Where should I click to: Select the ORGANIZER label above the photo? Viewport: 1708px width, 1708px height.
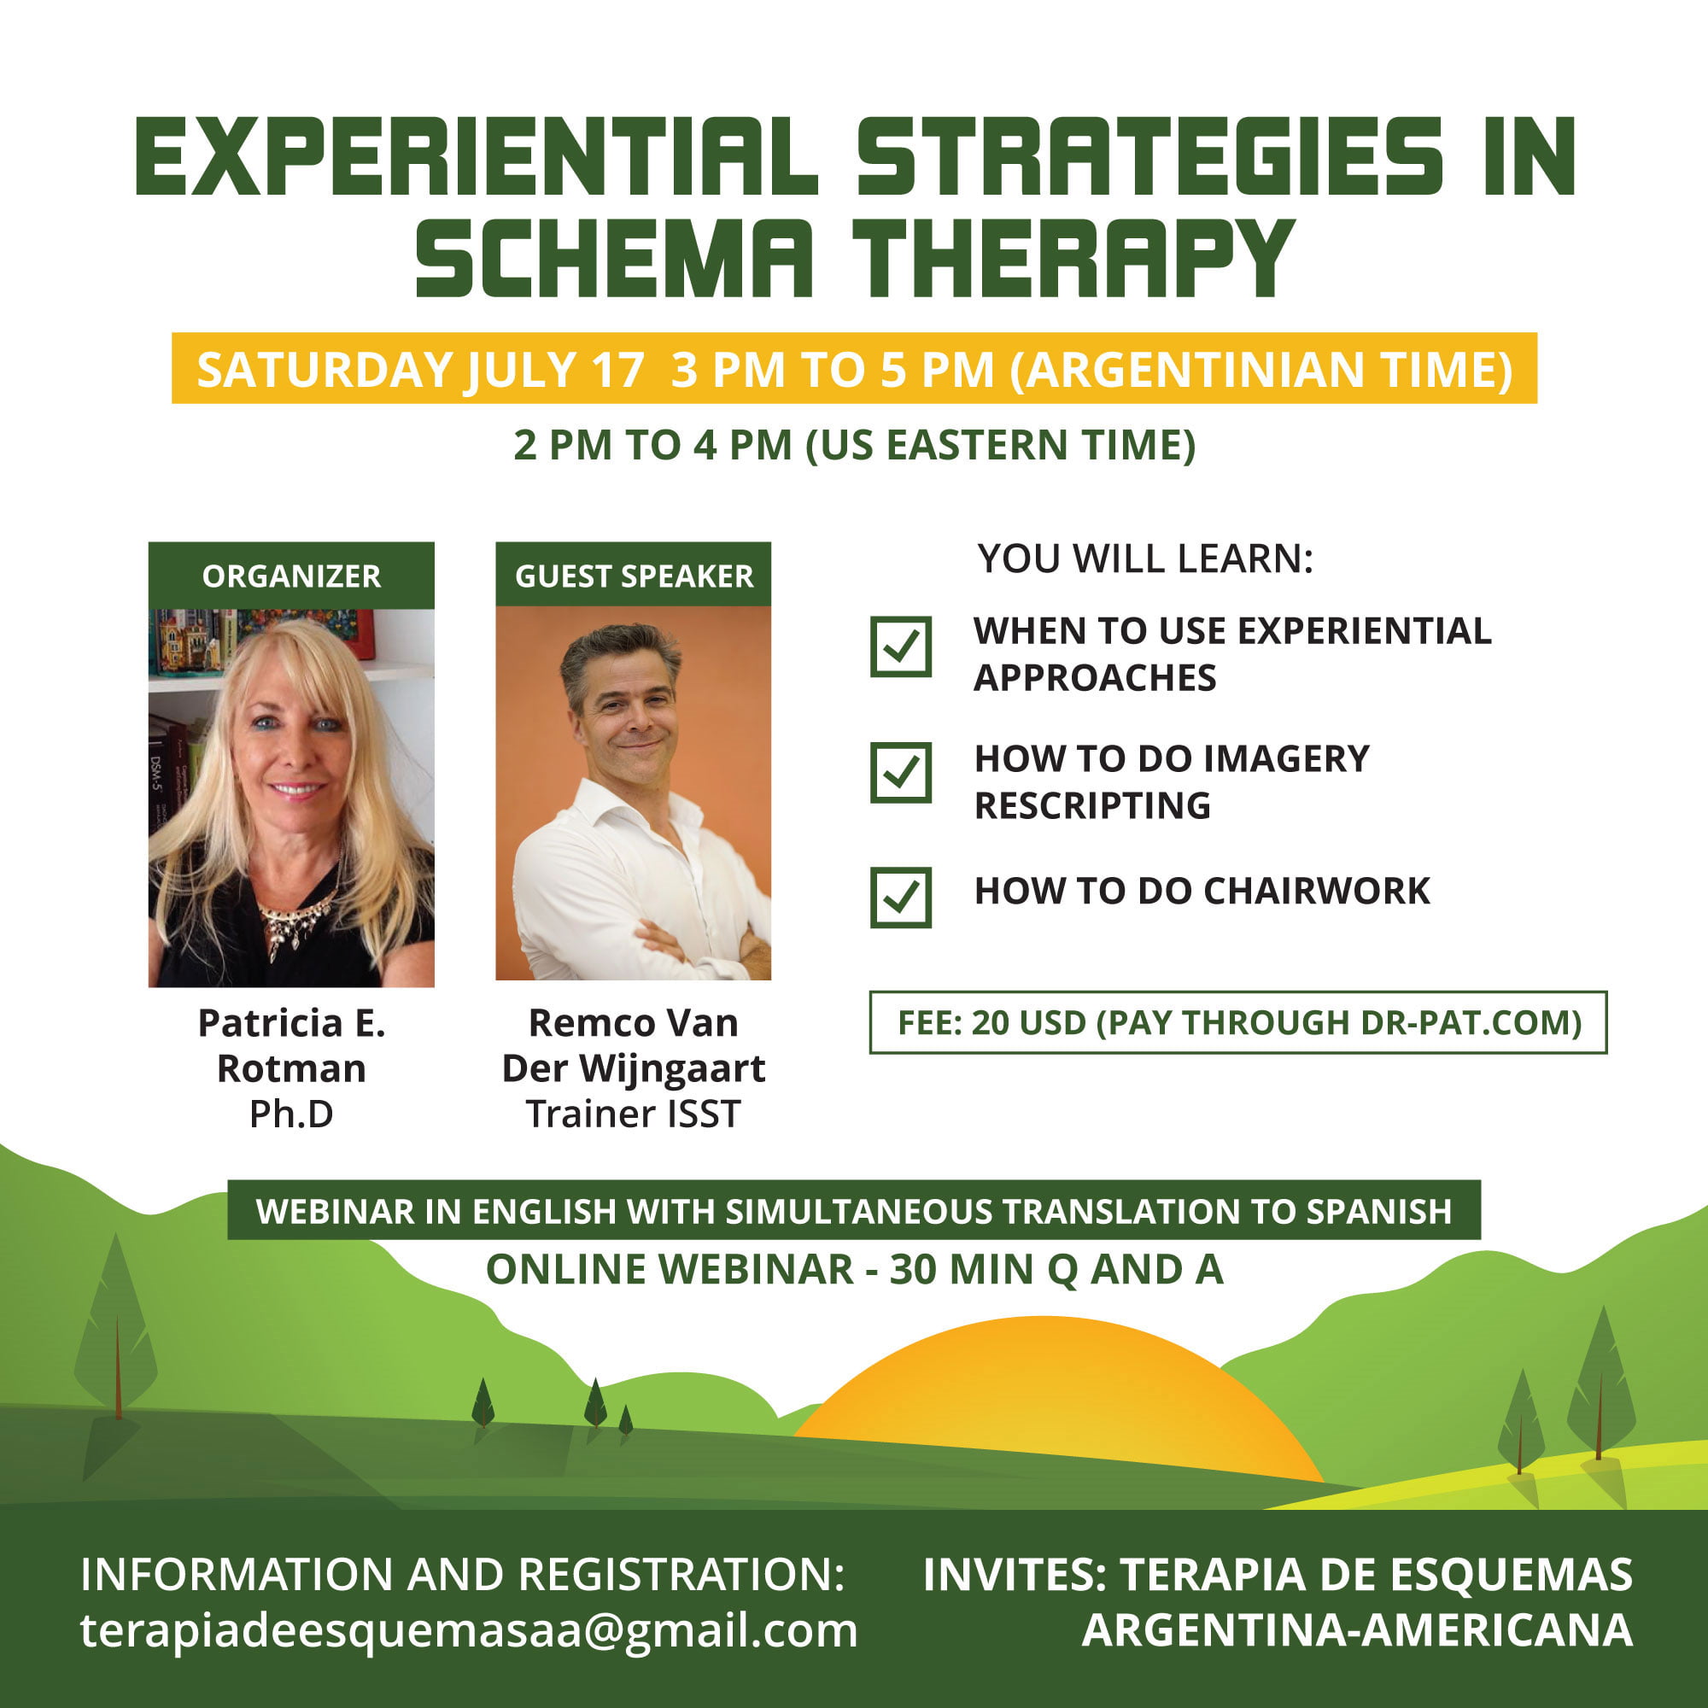(x=291, y=576)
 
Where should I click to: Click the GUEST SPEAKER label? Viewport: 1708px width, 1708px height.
(x=633, y=576)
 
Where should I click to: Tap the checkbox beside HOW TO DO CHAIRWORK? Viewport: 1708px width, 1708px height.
(x=901, y=898)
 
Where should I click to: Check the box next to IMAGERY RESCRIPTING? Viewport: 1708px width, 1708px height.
(x=901, y=772)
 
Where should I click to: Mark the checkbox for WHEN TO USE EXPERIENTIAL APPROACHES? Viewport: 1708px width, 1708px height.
(x=901, y=646)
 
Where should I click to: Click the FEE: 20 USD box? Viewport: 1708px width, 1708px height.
(x=1237, y=1022)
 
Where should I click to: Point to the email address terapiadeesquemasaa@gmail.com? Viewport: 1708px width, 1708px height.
(x=469, y=1629)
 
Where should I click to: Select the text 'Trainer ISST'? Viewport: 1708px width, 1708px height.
(x=633, y=1114)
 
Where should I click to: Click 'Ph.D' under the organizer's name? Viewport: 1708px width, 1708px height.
(x=291, y=1114)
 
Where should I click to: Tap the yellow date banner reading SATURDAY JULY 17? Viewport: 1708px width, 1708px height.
(x=854, y=368)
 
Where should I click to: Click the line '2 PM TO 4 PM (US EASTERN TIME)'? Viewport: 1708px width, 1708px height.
(x=854, y=445)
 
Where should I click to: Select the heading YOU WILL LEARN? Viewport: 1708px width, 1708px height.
(x=1145, y=559)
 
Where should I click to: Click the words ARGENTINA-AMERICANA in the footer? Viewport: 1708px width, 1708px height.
(x=1357, y=1629)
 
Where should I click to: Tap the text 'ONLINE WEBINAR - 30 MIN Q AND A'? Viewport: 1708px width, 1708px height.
(x=854, y=1270)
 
